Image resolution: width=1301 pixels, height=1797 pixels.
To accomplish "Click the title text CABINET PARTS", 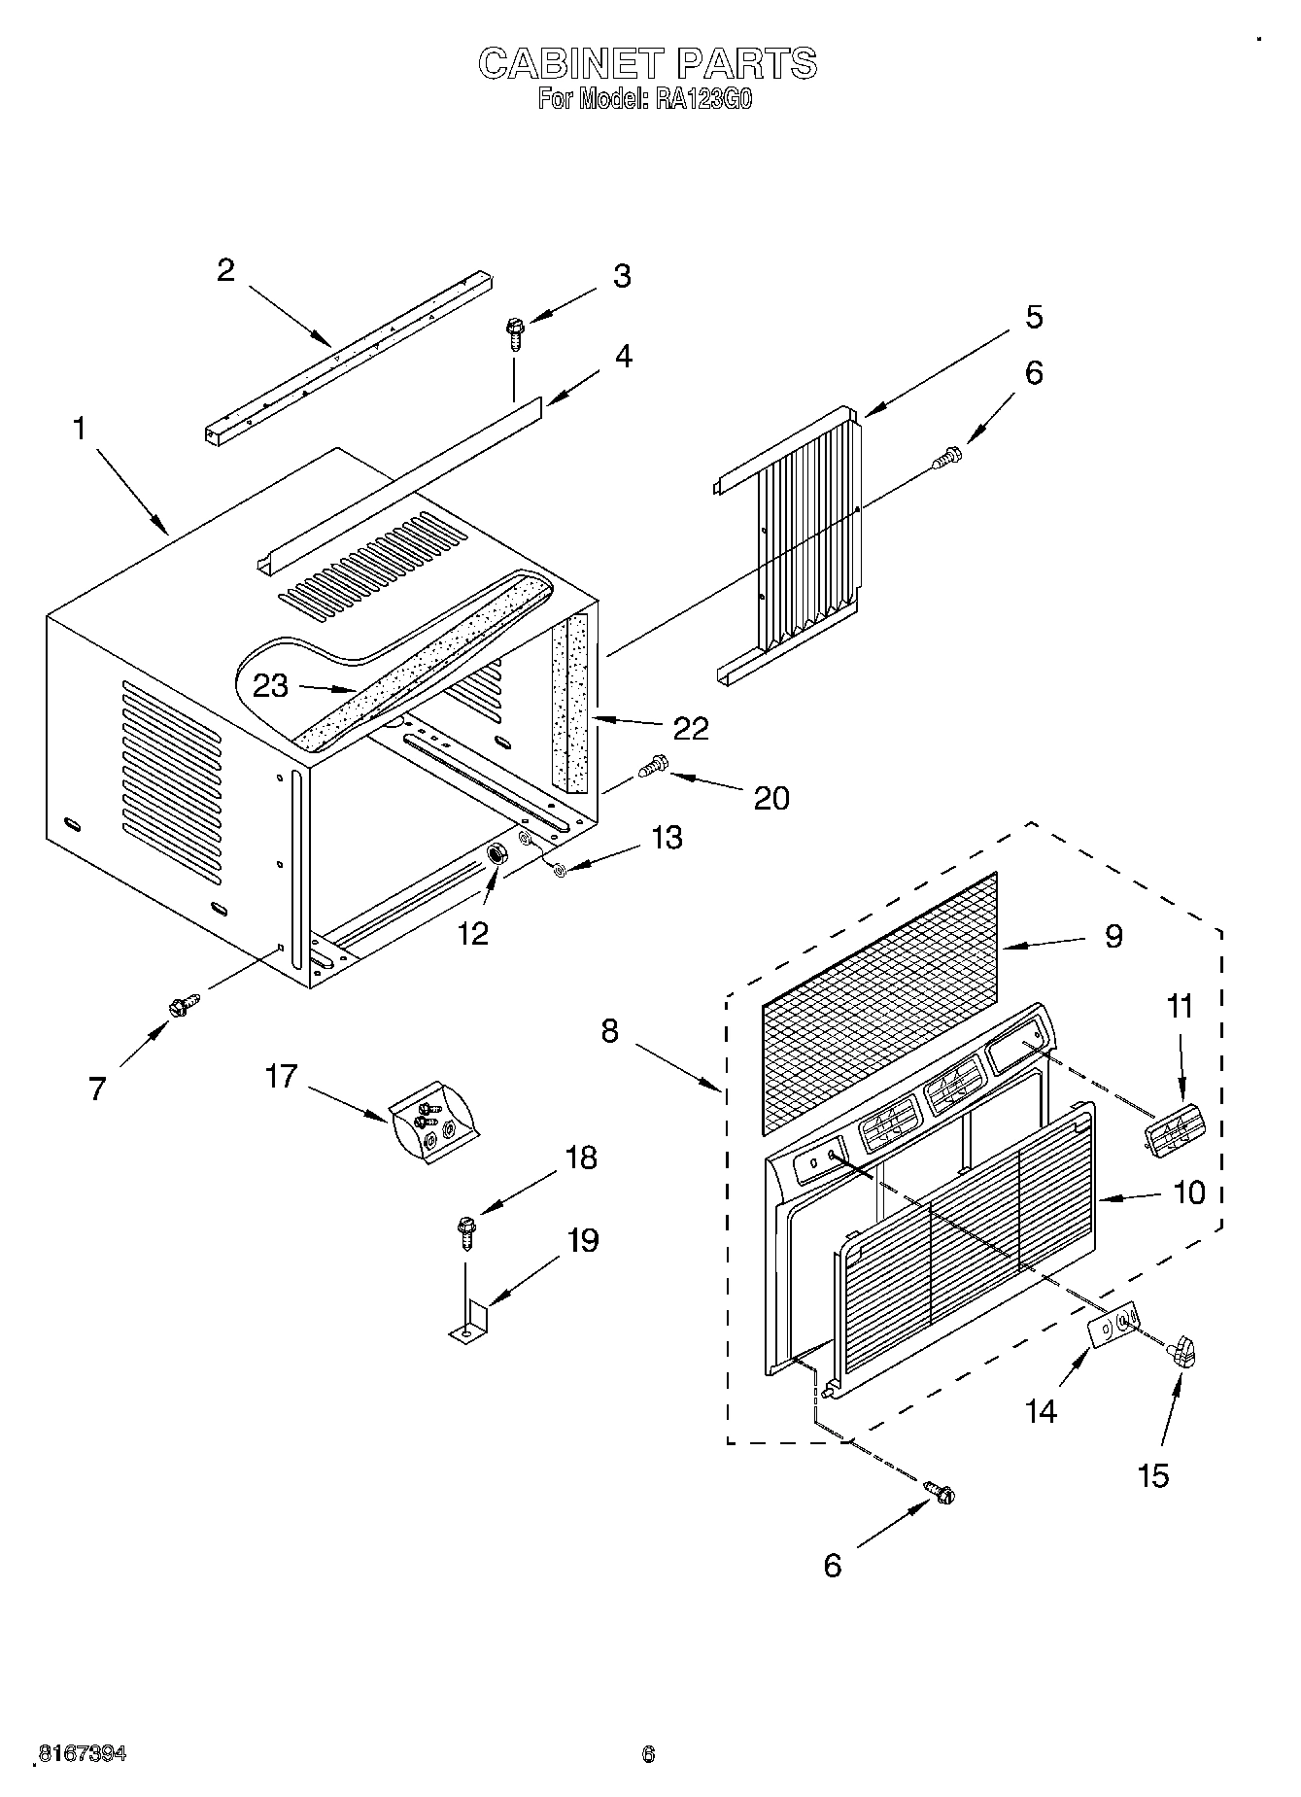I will point(648,64).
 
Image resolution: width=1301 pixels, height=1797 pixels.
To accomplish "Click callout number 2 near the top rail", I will point(225,270).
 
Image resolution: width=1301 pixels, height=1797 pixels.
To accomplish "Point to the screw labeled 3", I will point(514,334).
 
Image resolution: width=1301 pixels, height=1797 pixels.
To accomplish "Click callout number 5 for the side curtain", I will point(1033,317).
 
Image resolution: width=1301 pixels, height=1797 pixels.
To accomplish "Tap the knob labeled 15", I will point(1183,1352).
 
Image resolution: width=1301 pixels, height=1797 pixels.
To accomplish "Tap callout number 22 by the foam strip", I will point(691,728).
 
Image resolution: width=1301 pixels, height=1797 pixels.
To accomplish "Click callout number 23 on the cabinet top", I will point(270,686).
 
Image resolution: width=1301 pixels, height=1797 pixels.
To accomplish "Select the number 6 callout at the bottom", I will point(832,1565).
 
